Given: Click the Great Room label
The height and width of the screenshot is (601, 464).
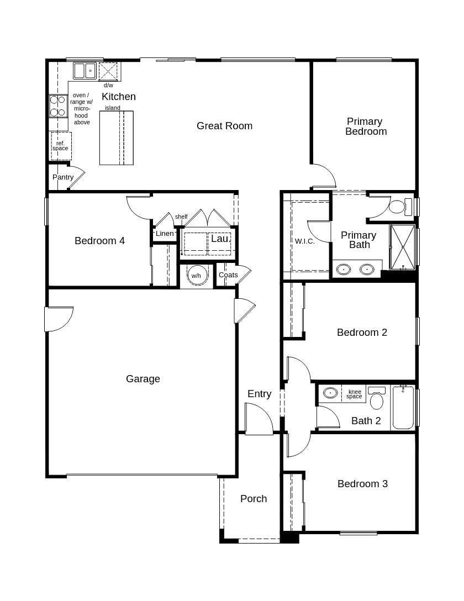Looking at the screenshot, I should coord(224,126).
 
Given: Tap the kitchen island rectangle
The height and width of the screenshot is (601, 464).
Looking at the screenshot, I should coord(116,138).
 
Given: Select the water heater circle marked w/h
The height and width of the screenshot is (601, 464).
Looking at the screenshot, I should coord(196,275).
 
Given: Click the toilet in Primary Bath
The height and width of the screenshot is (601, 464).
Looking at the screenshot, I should coord(398,207).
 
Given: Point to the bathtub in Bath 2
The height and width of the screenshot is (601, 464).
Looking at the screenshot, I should coord(403,408).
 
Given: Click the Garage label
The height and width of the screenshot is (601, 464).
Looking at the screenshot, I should coord(143,379).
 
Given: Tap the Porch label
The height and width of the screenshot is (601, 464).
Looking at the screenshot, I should coord(254,499).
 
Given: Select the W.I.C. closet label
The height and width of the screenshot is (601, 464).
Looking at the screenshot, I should coord(304,241).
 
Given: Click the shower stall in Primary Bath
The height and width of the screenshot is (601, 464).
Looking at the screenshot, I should coord(403,247).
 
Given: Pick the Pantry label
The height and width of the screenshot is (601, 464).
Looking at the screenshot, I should coord(63,177).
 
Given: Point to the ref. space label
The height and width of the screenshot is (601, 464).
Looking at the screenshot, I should coord(61,146).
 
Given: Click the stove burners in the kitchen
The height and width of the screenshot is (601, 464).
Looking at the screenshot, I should coord(58,106).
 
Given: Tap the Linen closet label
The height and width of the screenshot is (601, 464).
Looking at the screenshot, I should coord(165,234).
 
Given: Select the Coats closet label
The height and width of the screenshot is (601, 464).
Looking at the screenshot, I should coord(228,275).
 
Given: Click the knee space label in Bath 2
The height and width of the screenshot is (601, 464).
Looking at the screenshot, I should coord(354,394).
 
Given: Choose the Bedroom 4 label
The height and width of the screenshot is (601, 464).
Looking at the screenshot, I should coord(99,241).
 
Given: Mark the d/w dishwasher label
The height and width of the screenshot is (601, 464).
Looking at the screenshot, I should coord(108,85).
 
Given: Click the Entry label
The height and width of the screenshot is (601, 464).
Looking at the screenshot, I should coord(259,394).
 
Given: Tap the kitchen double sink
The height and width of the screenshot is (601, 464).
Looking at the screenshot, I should coord(85,71).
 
